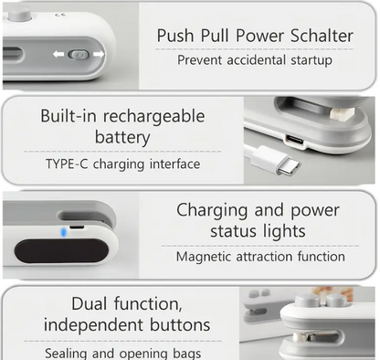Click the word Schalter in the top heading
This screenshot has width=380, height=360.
322,36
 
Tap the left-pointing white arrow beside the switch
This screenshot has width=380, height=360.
58,54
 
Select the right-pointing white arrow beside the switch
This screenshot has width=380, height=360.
99,54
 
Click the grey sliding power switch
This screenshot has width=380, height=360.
79,55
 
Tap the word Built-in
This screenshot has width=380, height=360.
69,116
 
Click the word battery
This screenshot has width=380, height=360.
122,138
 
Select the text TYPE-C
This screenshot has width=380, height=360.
67,164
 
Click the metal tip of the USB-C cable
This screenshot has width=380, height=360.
289,167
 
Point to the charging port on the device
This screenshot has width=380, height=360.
295,142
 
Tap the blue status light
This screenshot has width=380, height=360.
63,232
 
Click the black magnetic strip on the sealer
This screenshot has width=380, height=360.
61,251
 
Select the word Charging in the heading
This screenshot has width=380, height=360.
212,211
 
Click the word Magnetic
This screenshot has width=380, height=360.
204,257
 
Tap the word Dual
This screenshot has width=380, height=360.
90,304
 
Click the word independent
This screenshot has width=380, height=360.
93,324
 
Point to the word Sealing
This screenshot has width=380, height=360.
67,354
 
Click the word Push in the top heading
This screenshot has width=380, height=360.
175,36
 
